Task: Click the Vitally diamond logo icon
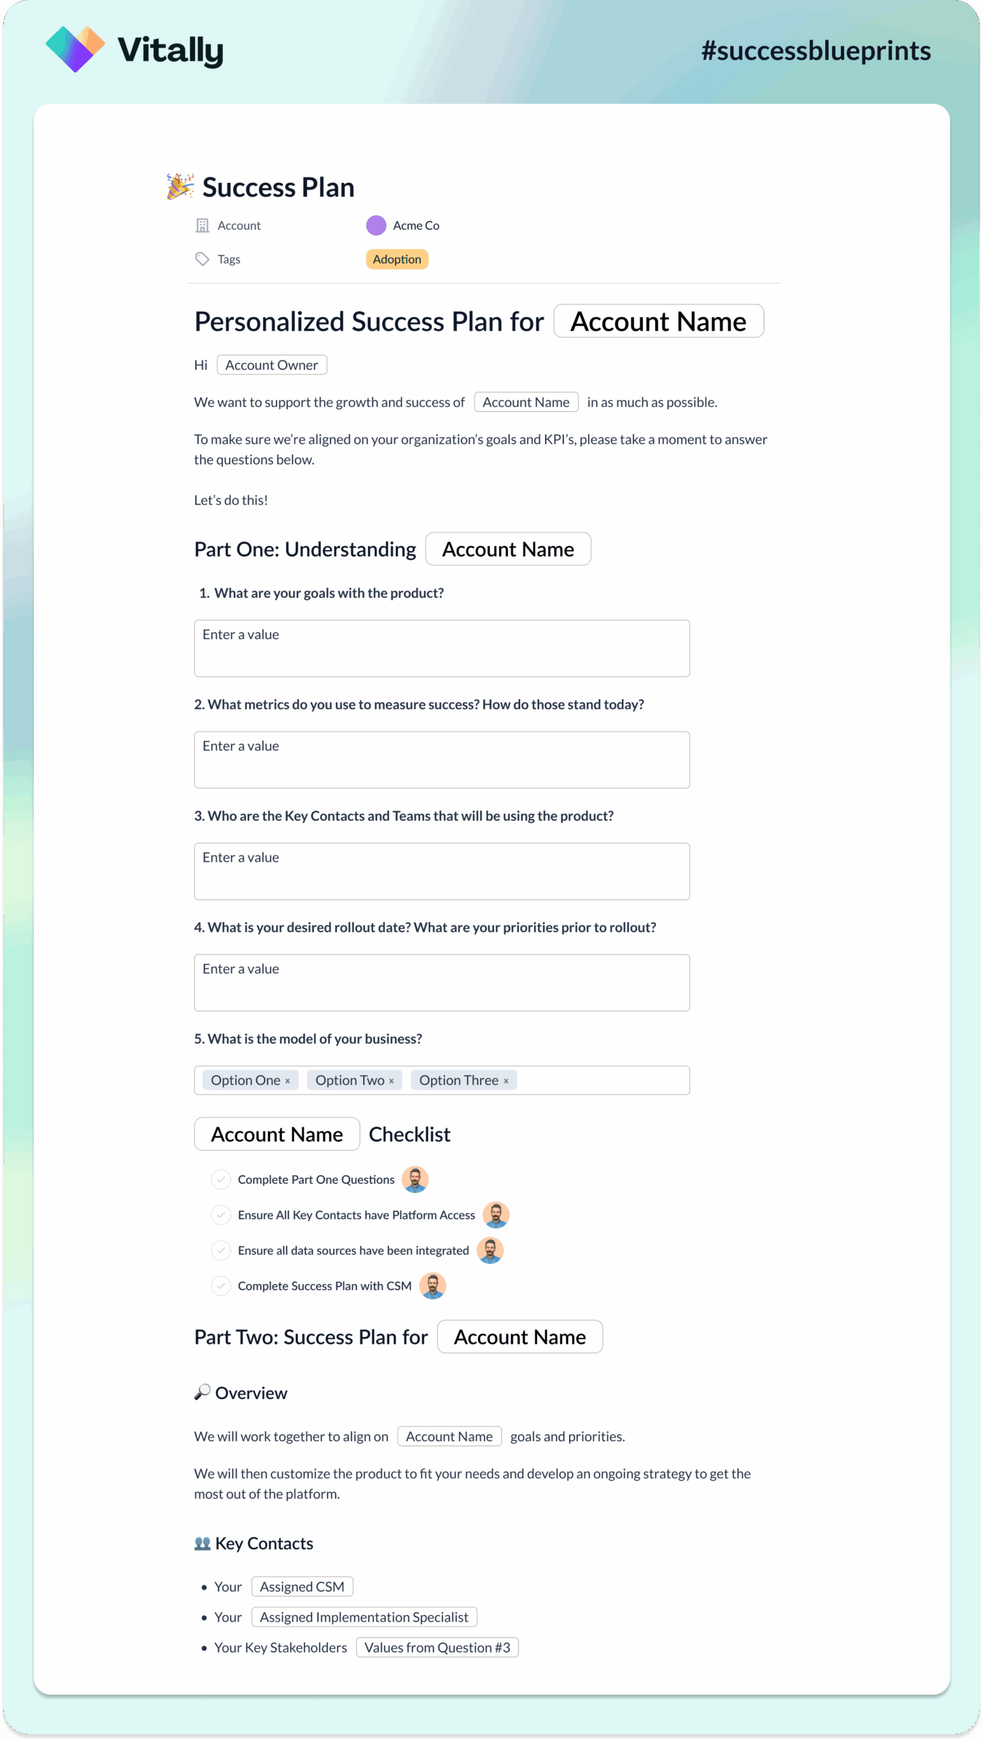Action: pos(75,49)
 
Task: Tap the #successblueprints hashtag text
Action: pos(816,51)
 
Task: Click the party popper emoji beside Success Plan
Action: pos(180,186)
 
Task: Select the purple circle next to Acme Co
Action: pos(376,225)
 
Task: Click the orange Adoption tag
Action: pos(397,259)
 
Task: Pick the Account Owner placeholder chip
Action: pos(271,365)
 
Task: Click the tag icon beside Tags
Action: pos(202,259)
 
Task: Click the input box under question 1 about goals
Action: pos(442,648)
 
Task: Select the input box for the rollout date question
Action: pos(442,983)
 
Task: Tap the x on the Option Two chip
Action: pos(392,1081)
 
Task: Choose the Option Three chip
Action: pos(459,1081)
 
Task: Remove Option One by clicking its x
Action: pos(288,1081)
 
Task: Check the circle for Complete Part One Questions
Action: pos(221,1179)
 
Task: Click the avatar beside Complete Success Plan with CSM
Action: pos(432,1285)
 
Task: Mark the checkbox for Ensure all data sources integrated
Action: pos(221,1250)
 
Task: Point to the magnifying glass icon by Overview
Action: pos(202,1393)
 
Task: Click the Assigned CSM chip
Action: pos(302,1587)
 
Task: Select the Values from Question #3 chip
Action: pos(437,1648)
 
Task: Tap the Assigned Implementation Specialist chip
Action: pos(364,1617)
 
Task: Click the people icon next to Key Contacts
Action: pos(202,1544)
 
